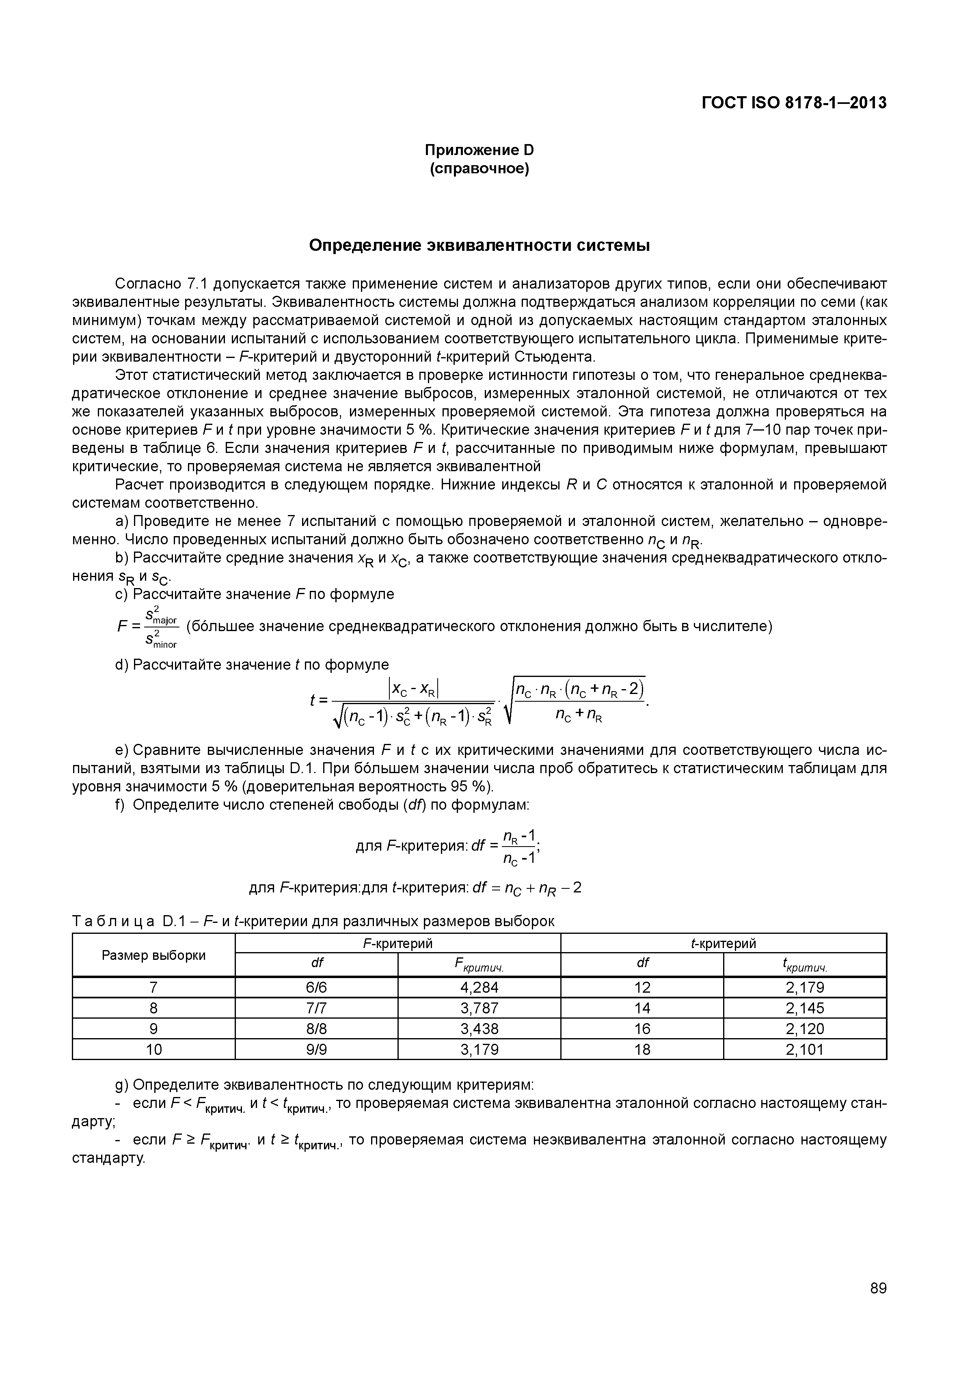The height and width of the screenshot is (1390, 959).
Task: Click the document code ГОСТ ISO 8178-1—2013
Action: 794,103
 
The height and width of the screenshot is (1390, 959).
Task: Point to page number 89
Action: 878,1305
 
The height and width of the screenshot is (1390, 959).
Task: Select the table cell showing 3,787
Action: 479,1008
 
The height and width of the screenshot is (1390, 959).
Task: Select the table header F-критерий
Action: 398,944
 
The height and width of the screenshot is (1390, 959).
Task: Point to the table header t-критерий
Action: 724,944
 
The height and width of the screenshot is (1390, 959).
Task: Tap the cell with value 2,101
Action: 805,1050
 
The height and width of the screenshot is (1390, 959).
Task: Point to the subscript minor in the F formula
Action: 165,644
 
